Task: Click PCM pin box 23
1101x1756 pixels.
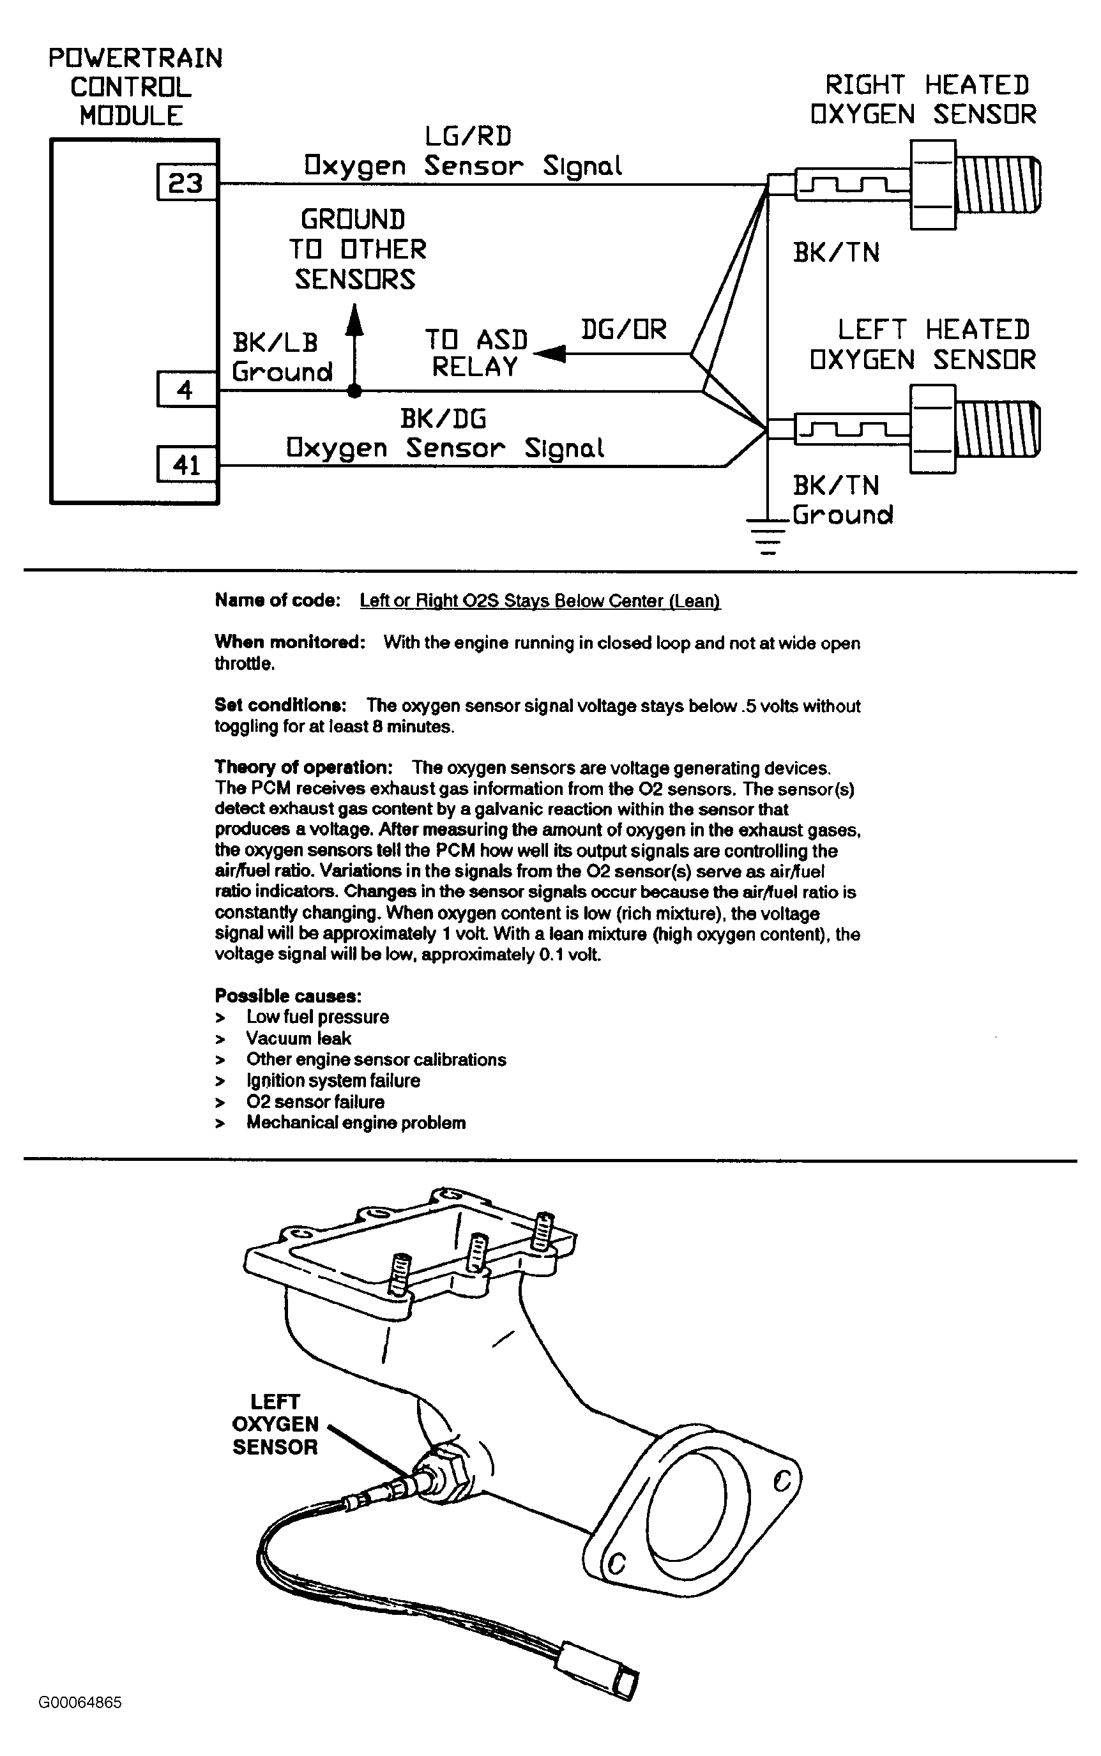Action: click(186, 182)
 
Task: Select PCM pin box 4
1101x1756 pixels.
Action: click(186, 390)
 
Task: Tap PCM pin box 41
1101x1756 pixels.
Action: click(186, 464)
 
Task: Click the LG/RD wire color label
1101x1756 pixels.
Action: click(468, 136)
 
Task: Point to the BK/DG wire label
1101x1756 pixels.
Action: click(443, 419)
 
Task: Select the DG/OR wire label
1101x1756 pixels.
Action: click(623, 329)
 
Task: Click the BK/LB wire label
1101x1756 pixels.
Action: click(275, 342)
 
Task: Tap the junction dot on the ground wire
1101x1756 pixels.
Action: click(354, 391)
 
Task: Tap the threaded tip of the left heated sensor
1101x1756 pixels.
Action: click(998, 430)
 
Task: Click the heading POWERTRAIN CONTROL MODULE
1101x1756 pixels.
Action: click(135, 87)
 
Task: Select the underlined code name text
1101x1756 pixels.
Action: click(540, 601)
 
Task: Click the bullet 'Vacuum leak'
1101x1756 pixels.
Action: click(298, 1038)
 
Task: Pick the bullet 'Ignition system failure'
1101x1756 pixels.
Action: click(333, 1080)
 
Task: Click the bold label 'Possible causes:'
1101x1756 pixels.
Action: click(287, 995)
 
